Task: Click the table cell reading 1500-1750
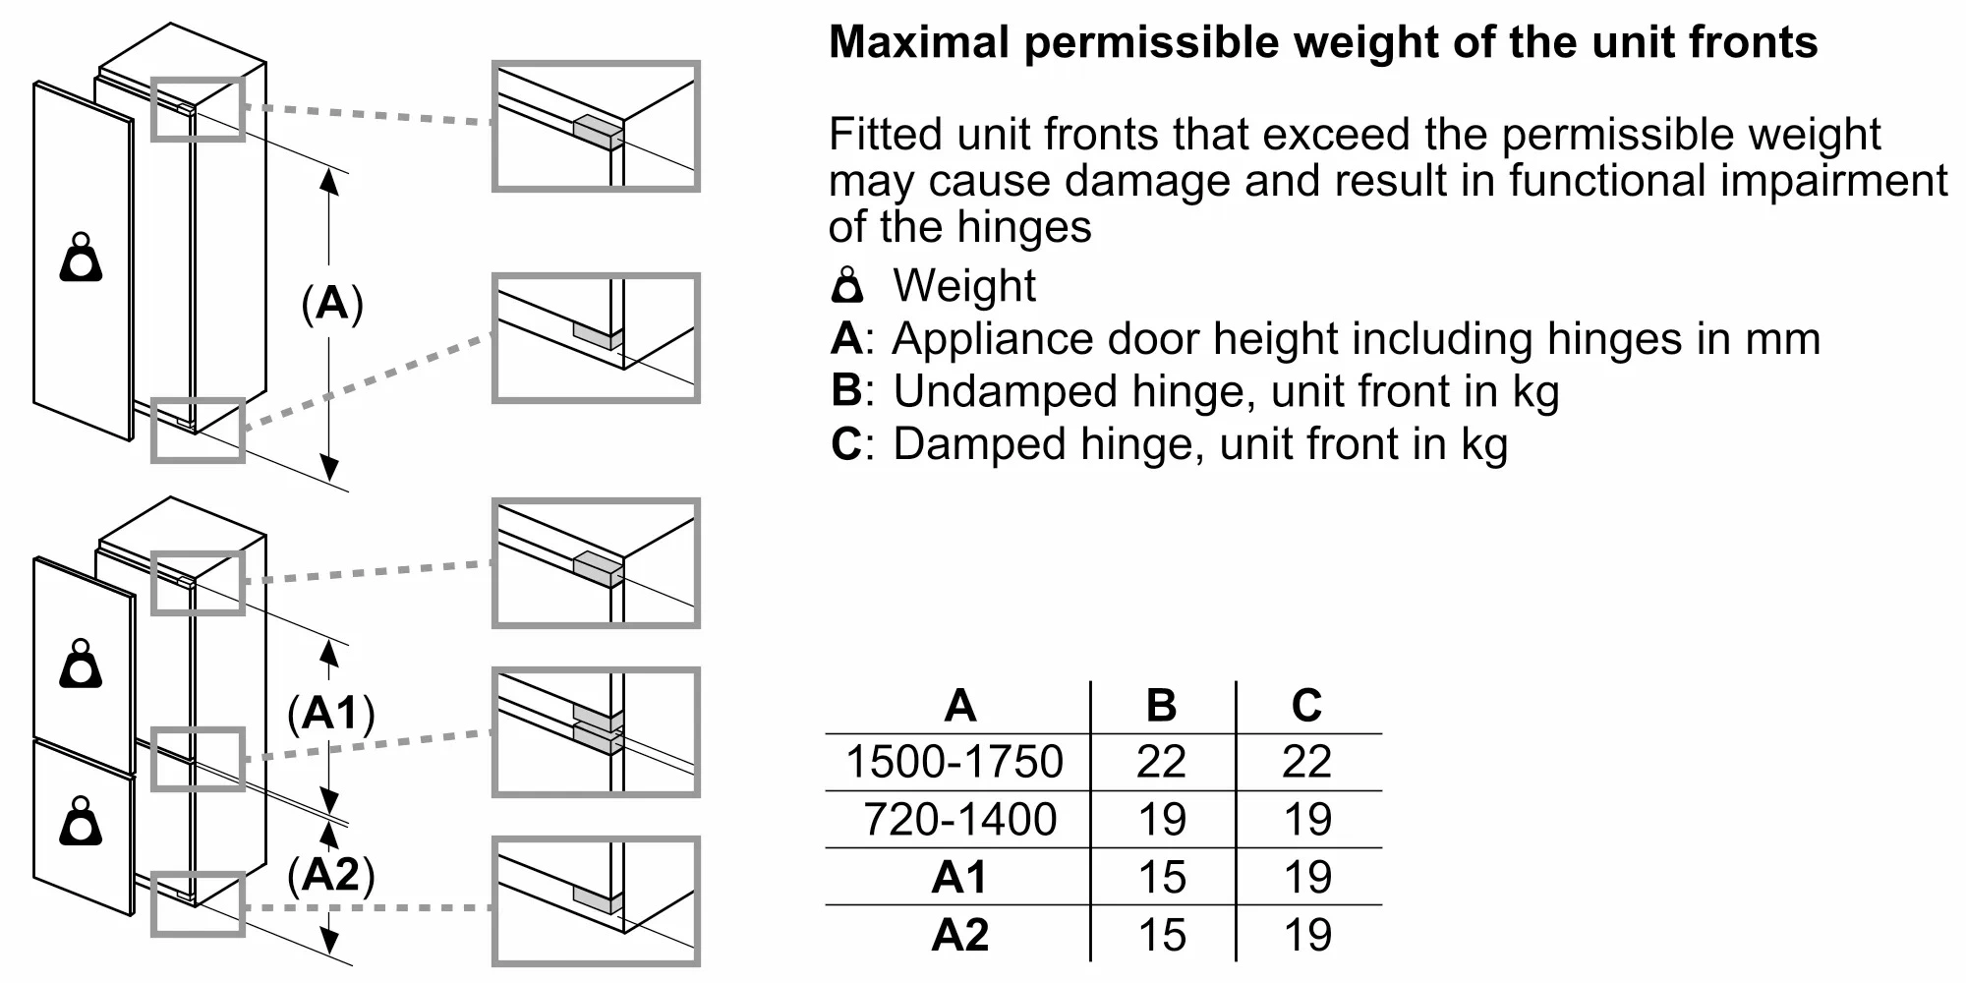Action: click(954, 762)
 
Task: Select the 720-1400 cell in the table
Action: click(959, 819)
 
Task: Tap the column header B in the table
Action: click(1161, 705)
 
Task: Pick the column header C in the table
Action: click(1306, 705)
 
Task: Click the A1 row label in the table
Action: click(958, 877)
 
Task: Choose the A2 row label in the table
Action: click(959, 935)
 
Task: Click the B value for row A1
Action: click(1162, 877)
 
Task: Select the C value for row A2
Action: click(1307, 935)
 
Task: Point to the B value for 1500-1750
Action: click(1162, 762)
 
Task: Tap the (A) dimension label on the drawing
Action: click(332, 304)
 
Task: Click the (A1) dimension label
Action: click(331, 713)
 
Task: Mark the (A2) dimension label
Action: click(331, 874)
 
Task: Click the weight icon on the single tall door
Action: click(82, 258)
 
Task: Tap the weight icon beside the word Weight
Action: click(847, 285)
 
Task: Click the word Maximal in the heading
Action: click(919, 42)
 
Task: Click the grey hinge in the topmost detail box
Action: click(598, 132)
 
